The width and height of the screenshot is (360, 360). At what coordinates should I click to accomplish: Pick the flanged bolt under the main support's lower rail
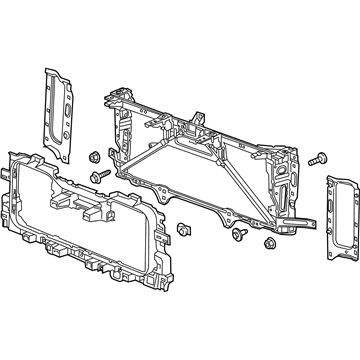click(242, 236)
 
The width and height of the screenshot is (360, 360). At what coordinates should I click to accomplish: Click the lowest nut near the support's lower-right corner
click(270, 243)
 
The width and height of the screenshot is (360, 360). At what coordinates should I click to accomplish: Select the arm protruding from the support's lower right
click(300, 215)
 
